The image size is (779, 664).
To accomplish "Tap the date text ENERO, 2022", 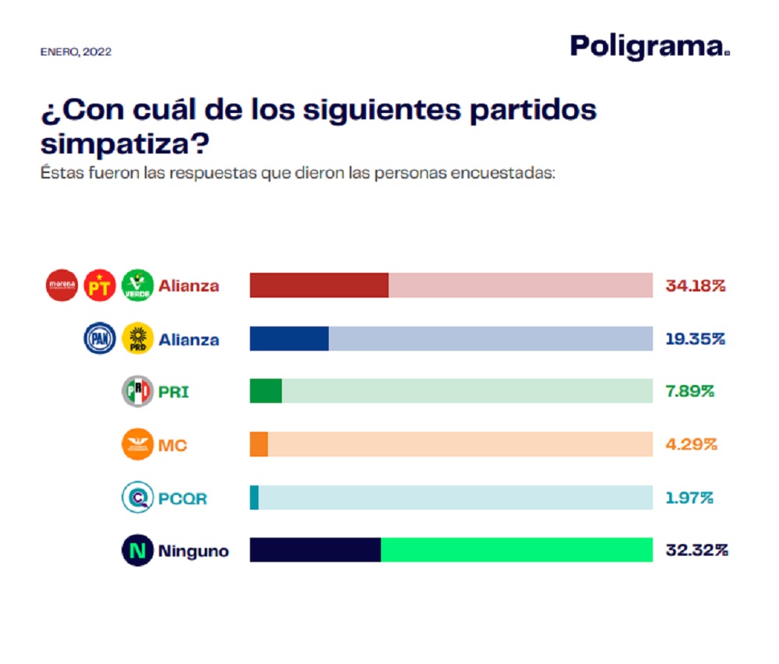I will click(76, 52).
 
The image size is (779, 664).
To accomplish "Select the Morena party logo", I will click(62, 285).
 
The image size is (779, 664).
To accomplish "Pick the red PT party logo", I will click(100, 285).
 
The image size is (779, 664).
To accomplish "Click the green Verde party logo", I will click(138, 285).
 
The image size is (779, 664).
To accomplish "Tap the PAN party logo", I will click(100, 338).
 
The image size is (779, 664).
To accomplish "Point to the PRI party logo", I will click(138, 391).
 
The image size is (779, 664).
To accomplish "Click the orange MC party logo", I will click(138, 444).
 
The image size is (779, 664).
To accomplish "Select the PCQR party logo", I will click(138, 497).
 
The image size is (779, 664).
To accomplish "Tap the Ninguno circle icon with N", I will click(138, 551).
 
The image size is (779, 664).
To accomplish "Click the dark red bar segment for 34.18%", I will click(319, 285).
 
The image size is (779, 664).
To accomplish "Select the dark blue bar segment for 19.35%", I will click(289, 338).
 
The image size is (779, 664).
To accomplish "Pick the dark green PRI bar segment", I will click(266, 391).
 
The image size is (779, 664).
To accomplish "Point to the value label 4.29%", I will click(690, 444).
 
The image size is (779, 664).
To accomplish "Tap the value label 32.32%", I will click(696, 551).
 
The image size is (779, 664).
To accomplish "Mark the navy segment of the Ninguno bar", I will click(315, 550).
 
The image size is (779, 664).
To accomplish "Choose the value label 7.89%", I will click(689, 391).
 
